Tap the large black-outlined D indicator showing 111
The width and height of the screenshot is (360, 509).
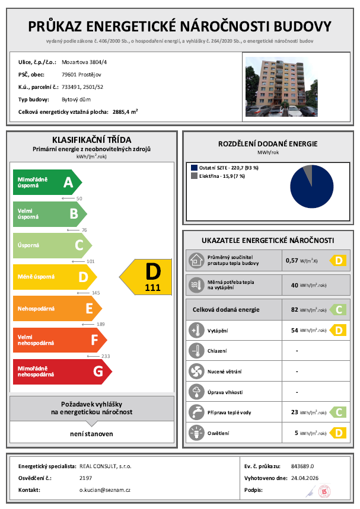point(147,277)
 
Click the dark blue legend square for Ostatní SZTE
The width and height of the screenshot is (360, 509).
point(194,168)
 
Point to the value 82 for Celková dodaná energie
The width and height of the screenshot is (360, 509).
point(294,309)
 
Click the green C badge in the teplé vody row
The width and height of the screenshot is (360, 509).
point(337,412)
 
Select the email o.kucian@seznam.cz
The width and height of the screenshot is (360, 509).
point(105,490)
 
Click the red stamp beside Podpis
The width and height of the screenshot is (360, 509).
point(323,491)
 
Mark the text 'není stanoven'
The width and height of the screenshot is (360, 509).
point(91,434)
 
